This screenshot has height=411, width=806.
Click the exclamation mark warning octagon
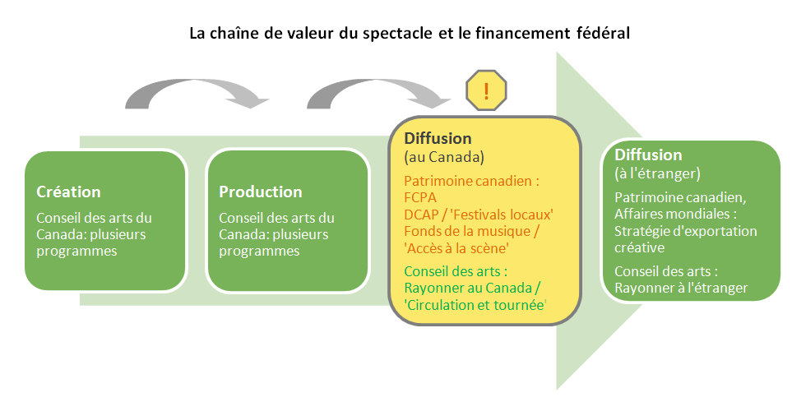click(486, 90)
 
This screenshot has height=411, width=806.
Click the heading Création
click(68, 192)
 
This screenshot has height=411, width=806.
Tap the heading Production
click(260, 192)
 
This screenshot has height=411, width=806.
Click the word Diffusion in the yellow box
click(438, 138)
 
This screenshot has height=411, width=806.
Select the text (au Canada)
click(443, 157)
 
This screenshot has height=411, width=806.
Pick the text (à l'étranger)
click(657, 173)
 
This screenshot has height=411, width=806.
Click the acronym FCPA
click(420, 197)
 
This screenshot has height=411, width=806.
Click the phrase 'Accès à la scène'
click(456, 248)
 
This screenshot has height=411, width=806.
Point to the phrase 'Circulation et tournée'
click(475, 305)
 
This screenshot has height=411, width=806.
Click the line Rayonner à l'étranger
click(681, 288)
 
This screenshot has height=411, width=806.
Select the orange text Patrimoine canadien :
click(471, 181)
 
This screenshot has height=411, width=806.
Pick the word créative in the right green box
click(639, 247)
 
